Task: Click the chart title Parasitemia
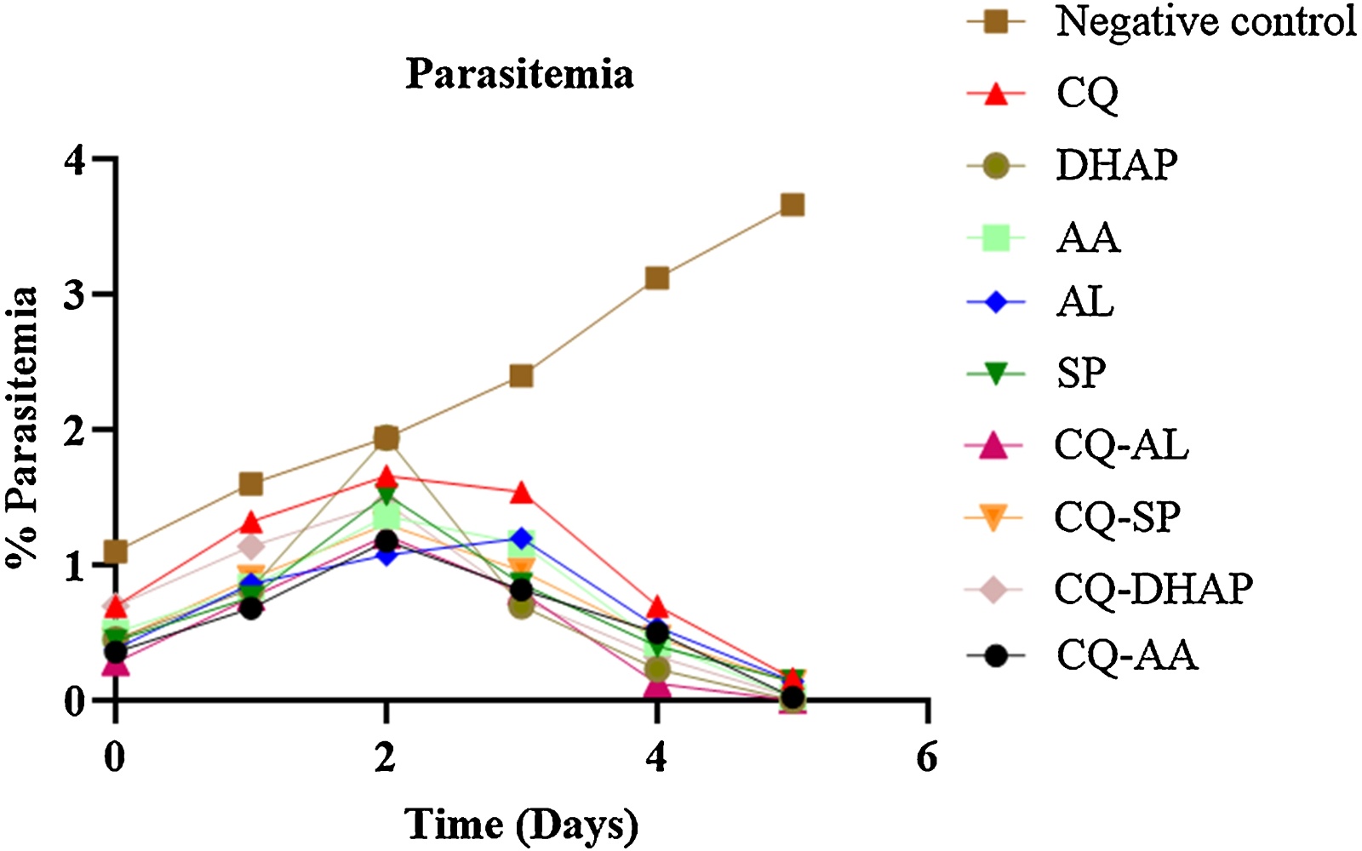pos(520,75)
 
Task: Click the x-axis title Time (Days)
pos(522,825)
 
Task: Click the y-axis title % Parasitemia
pos(22,428)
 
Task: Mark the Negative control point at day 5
pos(793,205)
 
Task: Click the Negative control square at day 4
pos(656,278)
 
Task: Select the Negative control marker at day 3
pos(521,376)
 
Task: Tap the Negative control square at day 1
pos(250,484)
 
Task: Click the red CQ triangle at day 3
pos(521,494)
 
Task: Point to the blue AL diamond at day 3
pos(521,538)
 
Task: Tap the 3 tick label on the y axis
pos(74,294)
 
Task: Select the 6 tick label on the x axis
pos(927,758)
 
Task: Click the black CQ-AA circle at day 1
pos(250,608)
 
